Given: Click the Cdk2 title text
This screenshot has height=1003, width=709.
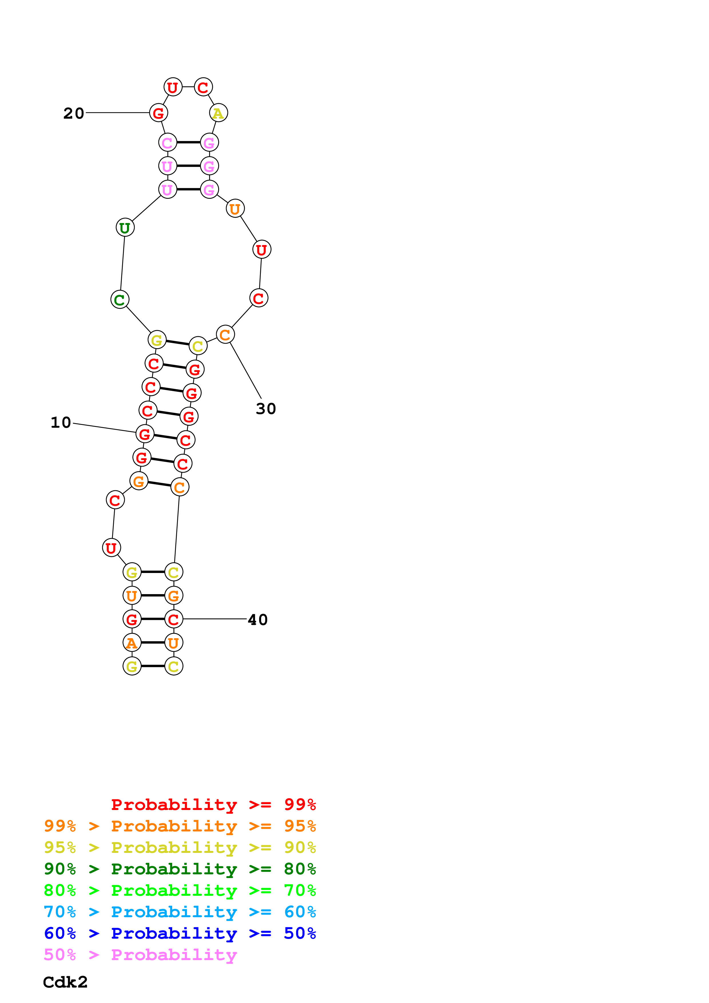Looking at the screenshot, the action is click(65, 982).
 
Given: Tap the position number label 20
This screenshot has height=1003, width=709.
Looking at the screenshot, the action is click(74, 113).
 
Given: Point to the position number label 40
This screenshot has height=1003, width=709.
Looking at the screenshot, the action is click(257, 620).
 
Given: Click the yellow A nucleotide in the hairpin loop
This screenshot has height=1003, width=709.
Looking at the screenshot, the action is click(218, 113).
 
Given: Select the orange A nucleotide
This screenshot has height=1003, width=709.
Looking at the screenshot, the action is click(132, 643).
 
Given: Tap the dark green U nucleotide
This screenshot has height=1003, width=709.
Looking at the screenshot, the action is click(125, 228).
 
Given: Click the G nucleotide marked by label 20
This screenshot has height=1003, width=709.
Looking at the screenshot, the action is click(158, 113).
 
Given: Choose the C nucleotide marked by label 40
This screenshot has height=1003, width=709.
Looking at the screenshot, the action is click(173, 619).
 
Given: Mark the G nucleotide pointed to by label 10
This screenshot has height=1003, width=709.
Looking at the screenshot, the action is click(145, 434).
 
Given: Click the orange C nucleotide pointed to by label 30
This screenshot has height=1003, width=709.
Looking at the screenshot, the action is click(225, 335).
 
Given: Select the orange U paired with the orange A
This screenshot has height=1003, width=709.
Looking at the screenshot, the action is click(173, 643).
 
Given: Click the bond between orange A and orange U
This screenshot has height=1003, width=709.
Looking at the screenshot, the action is click(152, 643).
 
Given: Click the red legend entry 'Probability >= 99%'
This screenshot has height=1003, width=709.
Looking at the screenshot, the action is click(213, 804).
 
